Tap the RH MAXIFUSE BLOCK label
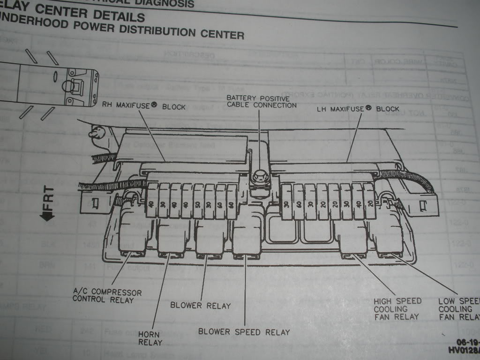[x=144, y=106]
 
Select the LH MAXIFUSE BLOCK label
[x=358, y=108]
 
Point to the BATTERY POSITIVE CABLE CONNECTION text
[x=261, y=101]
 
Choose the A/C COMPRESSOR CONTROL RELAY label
[x=107, y=295]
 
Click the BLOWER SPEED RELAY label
[x=244, y=332]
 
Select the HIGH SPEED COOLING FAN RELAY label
[x=397, y=309]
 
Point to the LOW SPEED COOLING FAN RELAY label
[x=458, y=309]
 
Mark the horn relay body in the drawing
[x=171, y=237]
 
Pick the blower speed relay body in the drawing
[x=247, y=237]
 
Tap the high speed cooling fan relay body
[x=351, y=237]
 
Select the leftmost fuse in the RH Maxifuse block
[x=152, y=200]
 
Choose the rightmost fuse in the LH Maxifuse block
[x=370, y=201]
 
